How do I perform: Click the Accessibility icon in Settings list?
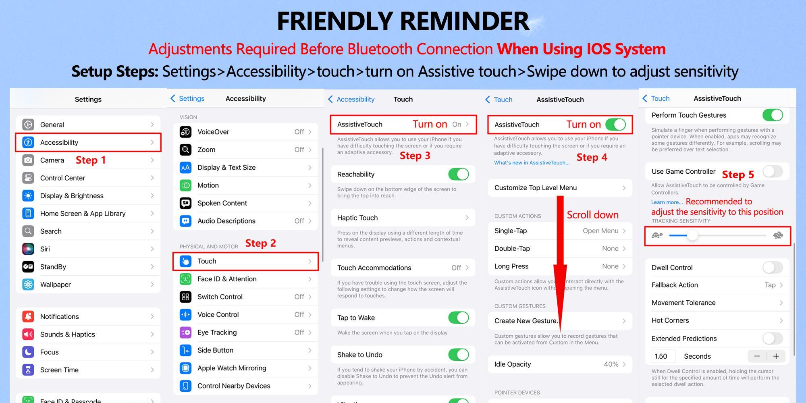click(x=28, y=142)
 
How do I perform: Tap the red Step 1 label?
click(x=91, y=160)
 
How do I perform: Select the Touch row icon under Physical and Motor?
click(x=185, y=261)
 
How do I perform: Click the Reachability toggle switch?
click(x=459, y=174)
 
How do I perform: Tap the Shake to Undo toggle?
click(x=459, y=355)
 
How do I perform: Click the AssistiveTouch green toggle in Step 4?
click(x=615, y=125)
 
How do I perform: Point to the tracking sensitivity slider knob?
click(x=692, y=235)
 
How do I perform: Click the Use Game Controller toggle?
click(x=773, y=171)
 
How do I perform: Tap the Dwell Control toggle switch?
click(x=773, y=267)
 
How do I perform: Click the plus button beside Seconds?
click(x=776, y=356)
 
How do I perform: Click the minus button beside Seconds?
click(x=757, y=356)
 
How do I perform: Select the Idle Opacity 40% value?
click(x=611, y=364)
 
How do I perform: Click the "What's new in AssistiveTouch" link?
click(x=532, y=163)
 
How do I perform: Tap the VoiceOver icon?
click(x=185, y=132)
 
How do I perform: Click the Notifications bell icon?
click(x=28, y=316)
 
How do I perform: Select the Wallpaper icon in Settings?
click(x=28, y=285)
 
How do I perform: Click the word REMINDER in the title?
click(x=465, y=21)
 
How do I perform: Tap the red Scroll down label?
click(x=592, y=215)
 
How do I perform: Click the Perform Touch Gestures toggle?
click(x=773, y=115)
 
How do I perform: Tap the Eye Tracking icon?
click(x=185, y=332)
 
